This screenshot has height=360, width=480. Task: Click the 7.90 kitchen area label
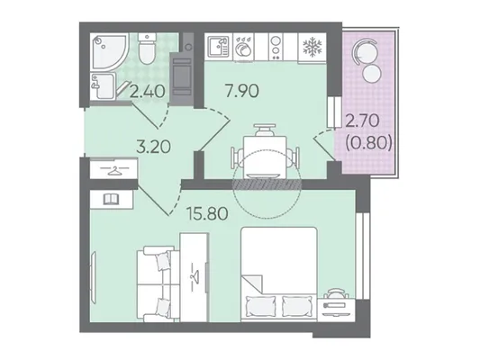(242, 91)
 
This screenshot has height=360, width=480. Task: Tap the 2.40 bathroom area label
(148, 92)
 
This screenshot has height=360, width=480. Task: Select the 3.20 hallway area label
(153, 147)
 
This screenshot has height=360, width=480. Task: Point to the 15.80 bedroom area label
(208, 214)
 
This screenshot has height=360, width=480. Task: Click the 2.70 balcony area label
(362, 121)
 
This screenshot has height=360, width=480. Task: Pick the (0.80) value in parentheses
(369, 142)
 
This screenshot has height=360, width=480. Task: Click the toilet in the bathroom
(147, 49)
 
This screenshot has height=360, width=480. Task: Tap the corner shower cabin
(109, 52)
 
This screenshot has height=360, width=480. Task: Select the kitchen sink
(218, 47)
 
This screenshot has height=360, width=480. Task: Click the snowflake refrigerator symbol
(312, 48)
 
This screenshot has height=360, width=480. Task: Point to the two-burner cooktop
(276, 47)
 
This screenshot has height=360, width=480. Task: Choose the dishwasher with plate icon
(244, 48)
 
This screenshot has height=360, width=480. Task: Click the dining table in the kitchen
(265, 157)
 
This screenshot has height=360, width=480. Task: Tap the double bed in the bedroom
(279, 274)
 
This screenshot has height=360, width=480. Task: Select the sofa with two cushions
(157, 283)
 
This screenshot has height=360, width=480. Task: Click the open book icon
(111, 200)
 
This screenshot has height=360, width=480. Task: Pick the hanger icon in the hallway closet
(113, 170)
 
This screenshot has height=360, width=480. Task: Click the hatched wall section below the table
(266, 184)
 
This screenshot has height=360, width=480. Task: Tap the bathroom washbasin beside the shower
(103, 86)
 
